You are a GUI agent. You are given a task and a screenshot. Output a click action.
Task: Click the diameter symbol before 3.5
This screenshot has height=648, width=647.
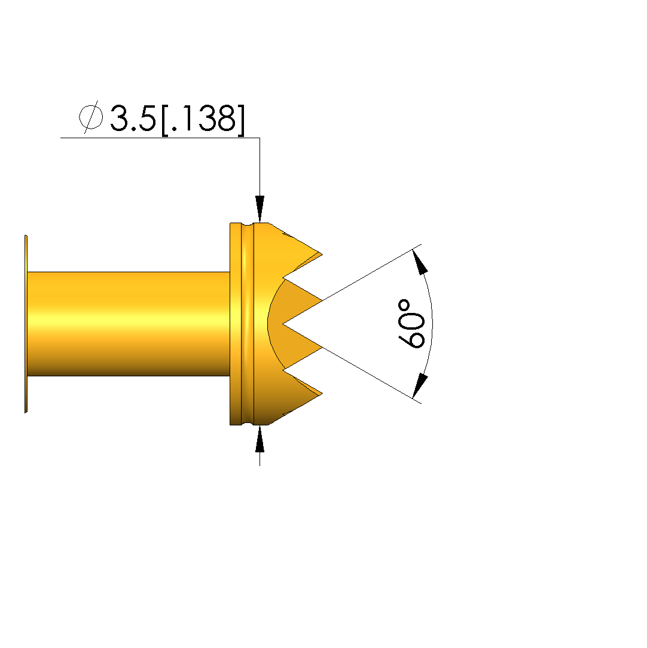pos(90,117)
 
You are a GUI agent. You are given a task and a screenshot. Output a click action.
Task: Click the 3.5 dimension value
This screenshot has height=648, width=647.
pos(133,118)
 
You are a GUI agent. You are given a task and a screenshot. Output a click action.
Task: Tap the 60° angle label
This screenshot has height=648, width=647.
pos(411,324)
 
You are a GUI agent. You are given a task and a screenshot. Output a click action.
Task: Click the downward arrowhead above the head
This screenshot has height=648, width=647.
pos(260,209)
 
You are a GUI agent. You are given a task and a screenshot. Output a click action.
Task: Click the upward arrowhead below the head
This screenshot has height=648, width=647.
pos(260,439)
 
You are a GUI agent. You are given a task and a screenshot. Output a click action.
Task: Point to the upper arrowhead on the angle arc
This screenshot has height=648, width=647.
pos(420,262)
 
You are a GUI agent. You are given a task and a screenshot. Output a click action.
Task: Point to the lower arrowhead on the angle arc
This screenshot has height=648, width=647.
pos(420,386)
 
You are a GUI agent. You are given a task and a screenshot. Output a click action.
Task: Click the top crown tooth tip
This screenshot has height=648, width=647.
pos(322,254)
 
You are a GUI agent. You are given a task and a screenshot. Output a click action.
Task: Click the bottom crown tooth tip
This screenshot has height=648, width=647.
pos(322,394)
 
